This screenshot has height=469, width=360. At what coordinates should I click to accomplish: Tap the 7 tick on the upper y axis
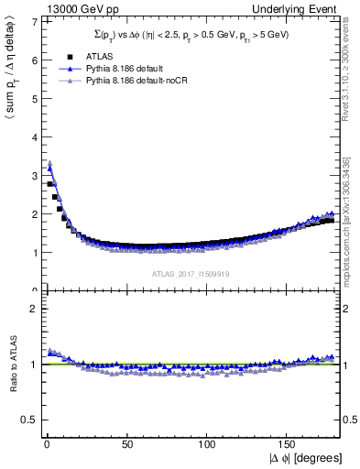(34, 21)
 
